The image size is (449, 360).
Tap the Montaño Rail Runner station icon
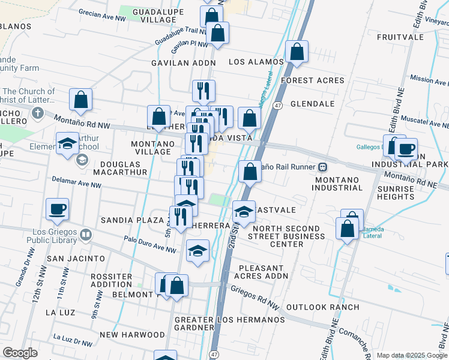point(322,166)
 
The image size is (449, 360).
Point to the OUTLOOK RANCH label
point(322,307)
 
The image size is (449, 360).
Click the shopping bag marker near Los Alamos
point(297,52)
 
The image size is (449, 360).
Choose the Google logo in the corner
point(20,353)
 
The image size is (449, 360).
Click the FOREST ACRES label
point(313,80)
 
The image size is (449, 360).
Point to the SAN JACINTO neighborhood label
point(76,259)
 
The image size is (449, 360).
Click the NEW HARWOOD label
point(125,334)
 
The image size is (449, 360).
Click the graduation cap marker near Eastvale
point(244,212)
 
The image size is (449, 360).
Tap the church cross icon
point(37,113)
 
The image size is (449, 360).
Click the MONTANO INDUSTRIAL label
point(337,184)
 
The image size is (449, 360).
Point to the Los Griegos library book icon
point(85,235)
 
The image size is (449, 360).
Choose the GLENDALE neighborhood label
point(312,104)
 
